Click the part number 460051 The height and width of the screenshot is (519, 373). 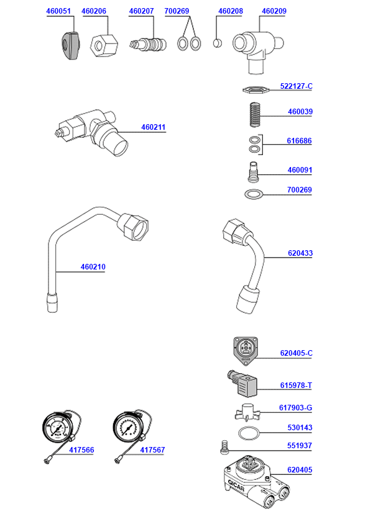(59, 11)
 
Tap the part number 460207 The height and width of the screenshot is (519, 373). (141, 11)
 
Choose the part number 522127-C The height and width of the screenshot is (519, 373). (296, 86)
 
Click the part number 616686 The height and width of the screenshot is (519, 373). (299, 141)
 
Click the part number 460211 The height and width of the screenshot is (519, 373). (154, 127)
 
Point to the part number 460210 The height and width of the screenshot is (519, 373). (93, 267)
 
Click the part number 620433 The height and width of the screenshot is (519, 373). (300, 253)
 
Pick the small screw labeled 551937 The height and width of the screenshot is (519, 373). (226, 446)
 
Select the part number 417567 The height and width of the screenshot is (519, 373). (152, 450)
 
